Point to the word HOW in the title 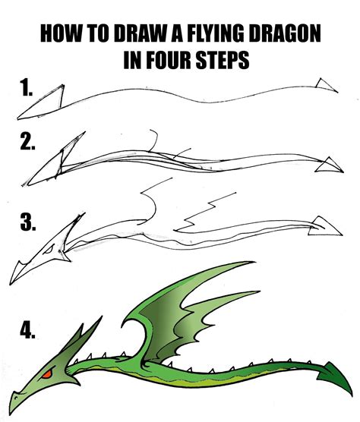click(x=58, y=35)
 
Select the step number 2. click(x=29, y=142)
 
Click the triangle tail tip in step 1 click(x=327, y=85)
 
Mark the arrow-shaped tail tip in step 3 click(x=324, y=225)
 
